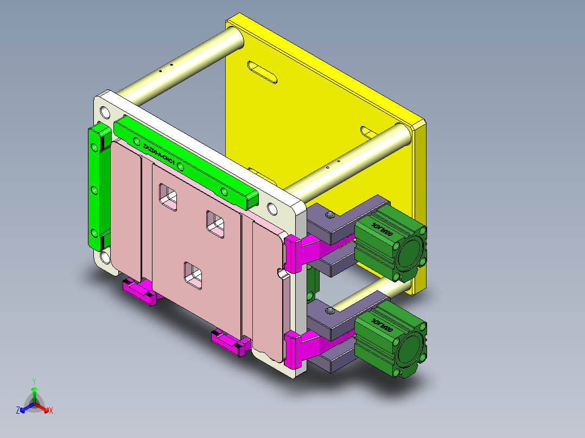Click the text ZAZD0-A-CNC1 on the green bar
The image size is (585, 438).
[x=158, y=154]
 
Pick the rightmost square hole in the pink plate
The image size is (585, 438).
[x=215, y=224]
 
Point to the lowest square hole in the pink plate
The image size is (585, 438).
[x=193, y=274]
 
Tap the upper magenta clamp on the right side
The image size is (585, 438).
[x=301, y=252]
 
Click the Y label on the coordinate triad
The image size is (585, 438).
[x=34, y=381]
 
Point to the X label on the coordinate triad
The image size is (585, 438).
[x=51, y=411]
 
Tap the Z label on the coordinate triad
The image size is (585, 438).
[x=18, y=411]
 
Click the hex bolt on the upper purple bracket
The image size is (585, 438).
[x=329, y=217]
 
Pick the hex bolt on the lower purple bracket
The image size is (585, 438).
[x=329, y=311]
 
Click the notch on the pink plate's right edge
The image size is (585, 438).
[x=281, y=272]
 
